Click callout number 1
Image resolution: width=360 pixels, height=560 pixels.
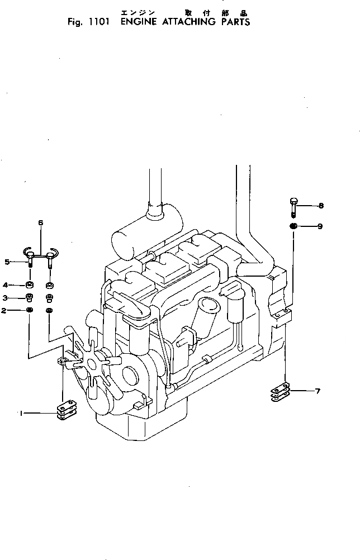[21, 414]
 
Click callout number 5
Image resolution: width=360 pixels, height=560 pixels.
[7, 261]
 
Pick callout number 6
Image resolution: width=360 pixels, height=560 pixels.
[40, 224]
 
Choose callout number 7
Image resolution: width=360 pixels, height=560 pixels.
[317, 391]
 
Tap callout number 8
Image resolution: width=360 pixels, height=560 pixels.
[320, 206]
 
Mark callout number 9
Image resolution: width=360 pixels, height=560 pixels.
[320, 226]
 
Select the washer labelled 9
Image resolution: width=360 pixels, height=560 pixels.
[293, 226]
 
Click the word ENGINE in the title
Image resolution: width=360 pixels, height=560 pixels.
[140, 22]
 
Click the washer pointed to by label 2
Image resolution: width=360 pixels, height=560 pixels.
[30, 310]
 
